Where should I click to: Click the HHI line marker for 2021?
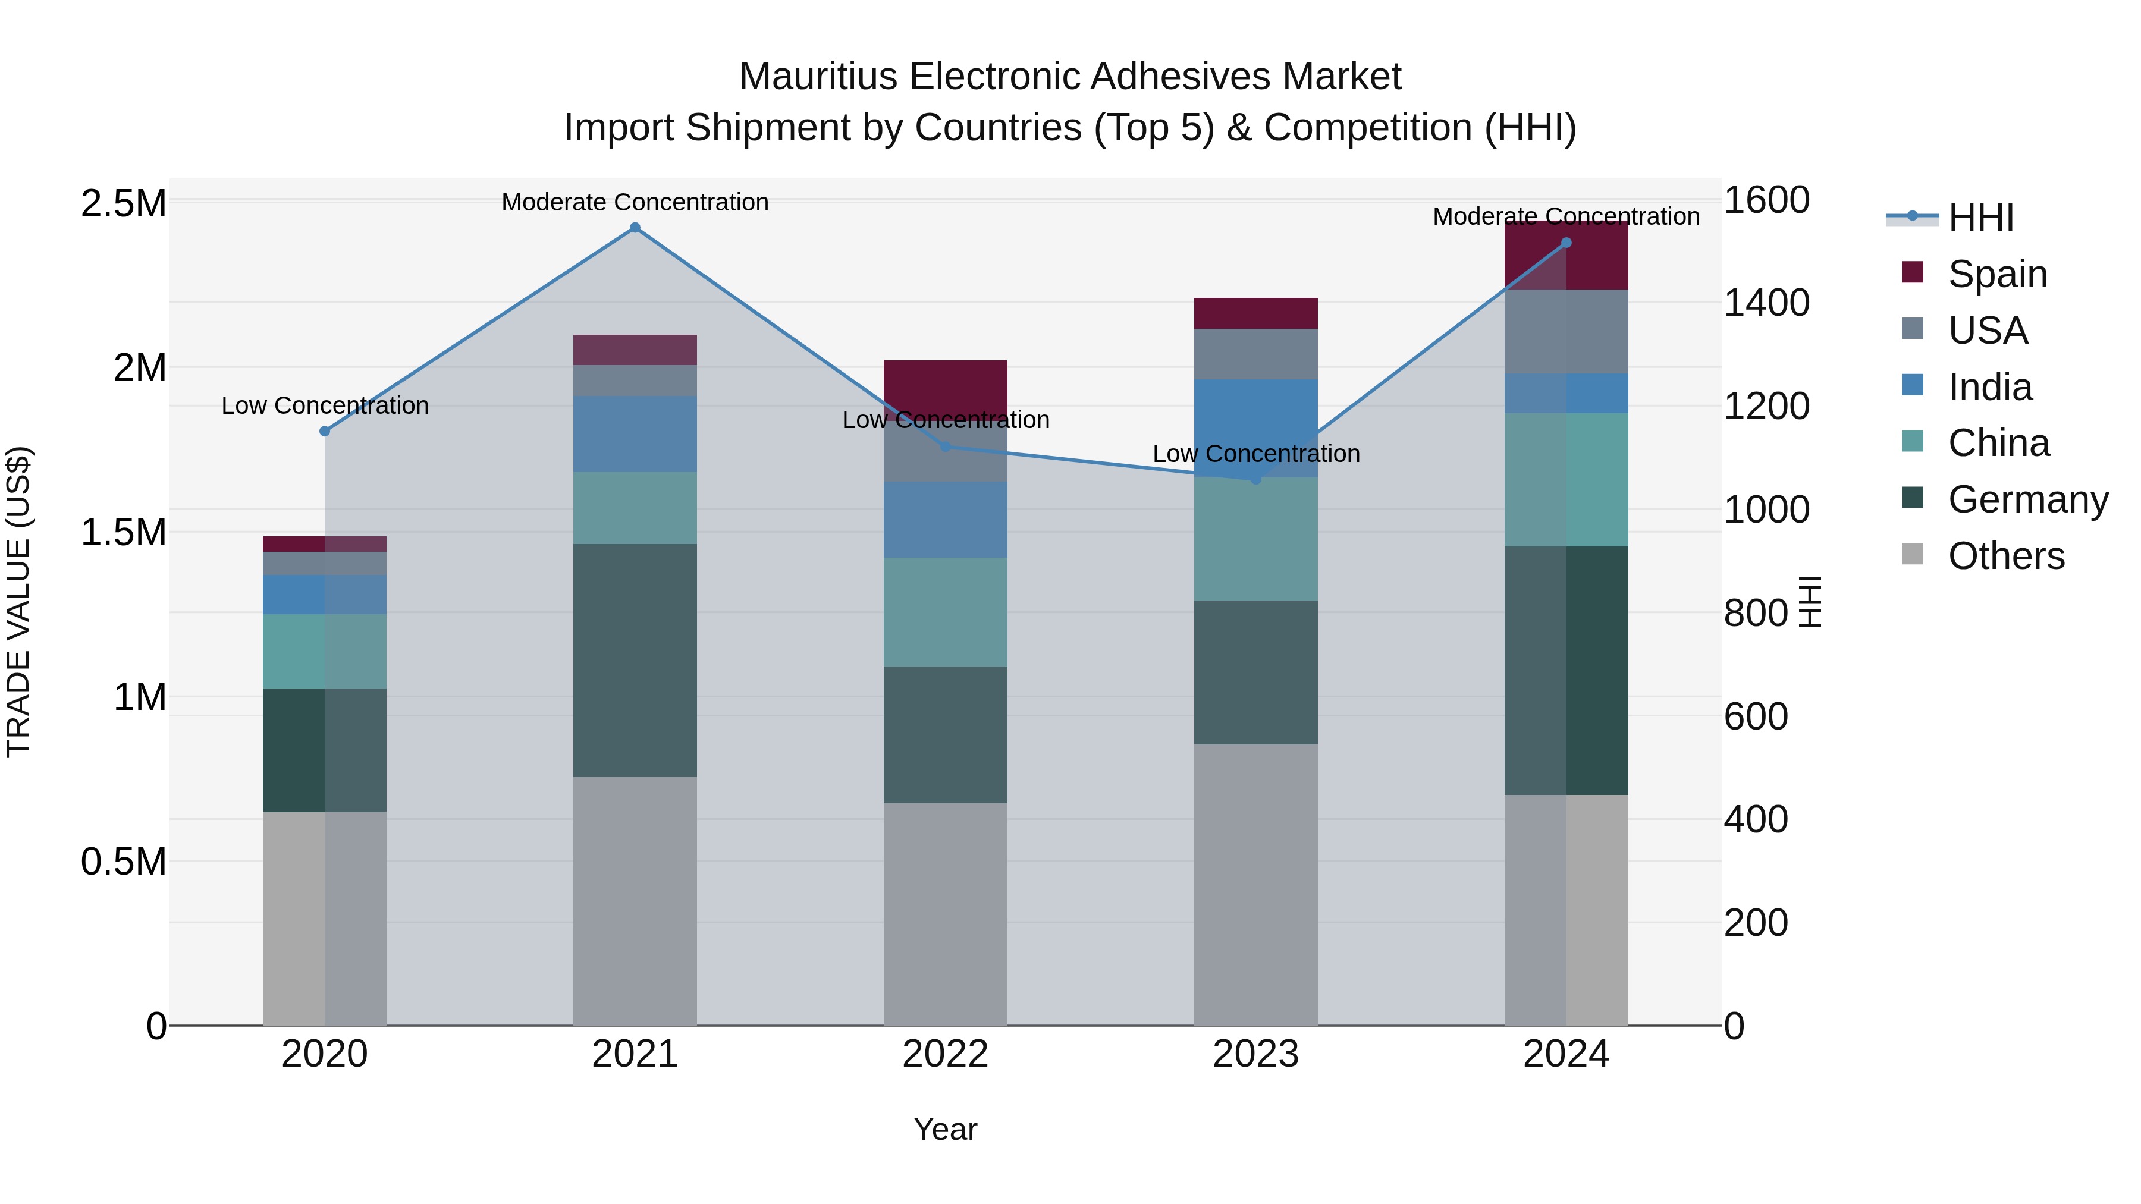(635, 228)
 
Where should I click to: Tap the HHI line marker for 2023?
(1256, 479)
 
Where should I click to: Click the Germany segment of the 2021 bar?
(635, 661)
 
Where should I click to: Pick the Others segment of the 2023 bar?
(1256, 884)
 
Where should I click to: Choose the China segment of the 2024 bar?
(1566, 479)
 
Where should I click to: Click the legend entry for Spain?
(1996, 274)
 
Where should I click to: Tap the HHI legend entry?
(1980, 218)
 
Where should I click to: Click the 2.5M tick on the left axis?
(123, 203)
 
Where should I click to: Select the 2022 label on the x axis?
(945, 1054)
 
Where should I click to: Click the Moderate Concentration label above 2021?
(635, 202)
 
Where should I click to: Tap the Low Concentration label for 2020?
(325, 405)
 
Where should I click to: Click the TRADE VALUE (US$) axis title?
(18, 602)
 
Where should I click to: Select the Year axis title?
(945, 1129)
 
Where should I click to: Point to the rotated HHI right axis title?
(1809, 602)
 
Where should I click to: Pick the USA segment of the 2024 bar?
(1566, 332)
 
